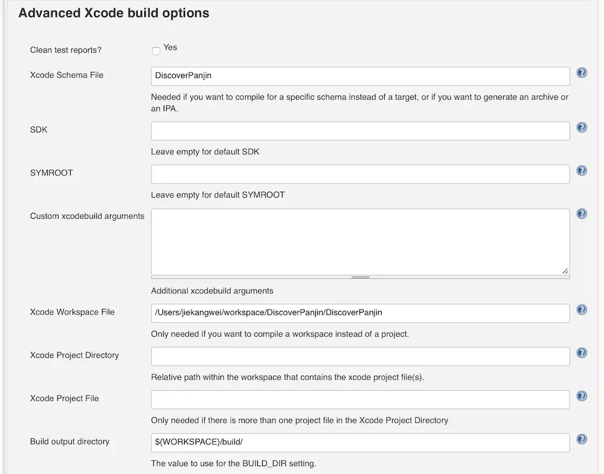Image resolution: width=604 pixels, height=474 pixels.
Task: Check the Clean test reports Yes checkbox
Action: pyautogui.click(x=156, y=51)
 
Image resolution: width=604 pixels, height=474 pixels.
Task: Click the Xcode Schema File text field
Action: pyautogui.click(x=360, y=76)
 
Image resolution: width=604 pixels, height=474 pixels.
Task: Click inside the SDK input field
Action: pyautogui.click(x=360, y=131)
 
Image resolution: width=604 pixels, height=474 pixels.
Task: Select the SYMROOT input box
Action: pyautogui.click(x=360, y=174)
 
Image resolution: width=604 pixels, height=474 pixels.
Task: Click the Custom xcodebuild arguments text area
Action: pyautogui.click(x=360, y=242)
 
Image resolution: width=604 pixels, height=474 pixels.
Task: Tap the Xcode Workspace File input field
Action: pyautogui.click(x=360, y=313)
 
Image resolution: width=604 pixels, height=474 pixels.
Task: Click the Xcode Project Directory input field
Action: pyautogui.click(x=360, y=356)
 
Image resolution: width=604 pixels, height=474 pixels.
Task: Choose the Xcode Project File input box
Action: pyautogui.click(x=360, y=400)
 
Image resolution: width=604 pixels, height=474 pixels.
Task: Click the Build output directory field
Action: pyautogui.click(x=360, y=443)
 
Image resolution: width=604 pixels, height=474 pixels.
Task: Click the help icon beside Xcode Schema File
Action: pyautogui.click(x=582, y=73)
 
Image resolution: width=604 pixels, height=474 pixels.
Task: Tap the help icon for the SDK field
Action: pyautogui.click(x=582, y=128)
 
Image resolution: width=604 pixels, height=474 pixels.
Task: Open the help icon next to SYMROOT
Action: pyautogui.click(x=582, y=170)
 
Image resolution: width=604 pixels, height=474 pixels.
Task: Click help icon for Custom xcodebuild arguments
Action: pyautogui.click(x=582, y=213)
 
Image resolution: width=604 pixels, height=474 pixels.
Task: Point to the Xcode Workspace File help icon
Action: pyautogui.click(x=582, y=310)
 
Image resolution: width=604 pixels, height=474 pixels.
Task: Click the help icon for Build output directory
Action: pyautogui.click(x=582, y=439)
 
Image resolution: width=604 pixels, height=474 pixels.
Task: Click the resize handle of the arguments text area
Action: pyautogui.click(x=565, y=271)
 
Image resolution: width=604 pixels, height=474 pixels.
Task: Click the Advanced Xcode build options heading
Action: pyautogui.click(x=114, y=13)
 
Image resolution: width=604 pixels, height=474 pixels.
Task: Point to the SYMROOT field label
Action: pyautogui.click(x=51, y=173)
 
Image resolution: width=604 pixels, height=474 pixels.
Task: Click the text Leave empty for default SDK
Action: pyautogui.click(x=205, y=152)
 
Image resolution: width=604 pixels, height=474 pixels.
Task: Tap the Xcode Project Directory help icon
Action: pyautogui.click(x=582, y=352)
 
